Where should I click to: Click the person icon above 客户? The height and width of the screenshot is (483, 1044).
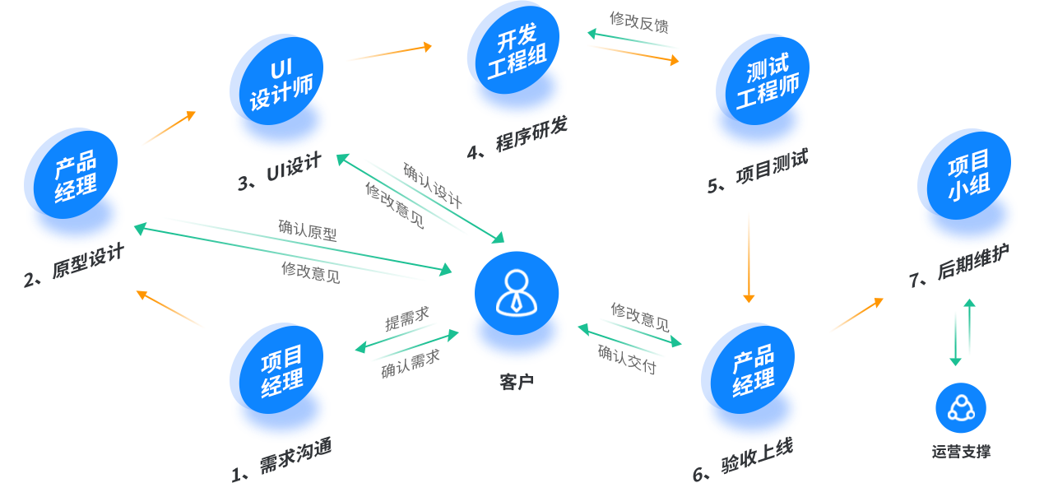(516, 293)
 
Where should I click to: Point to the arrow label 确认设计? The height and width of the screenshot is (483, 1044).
(432, 184)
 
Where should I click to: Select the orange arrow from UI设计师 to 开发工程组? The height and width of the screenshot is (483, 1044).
(388, 53)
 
